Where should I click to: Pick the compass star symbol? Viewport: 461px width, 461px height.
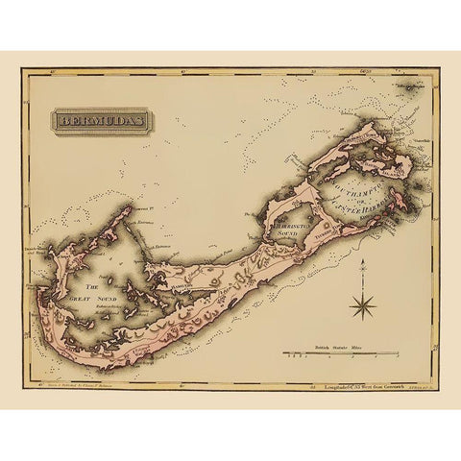coord(364,307)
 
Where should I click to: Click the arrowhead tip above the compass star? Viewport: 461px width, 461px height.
coord(364,265)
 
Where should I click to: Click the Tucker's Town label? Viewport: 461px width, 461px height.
coord(326,232)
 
